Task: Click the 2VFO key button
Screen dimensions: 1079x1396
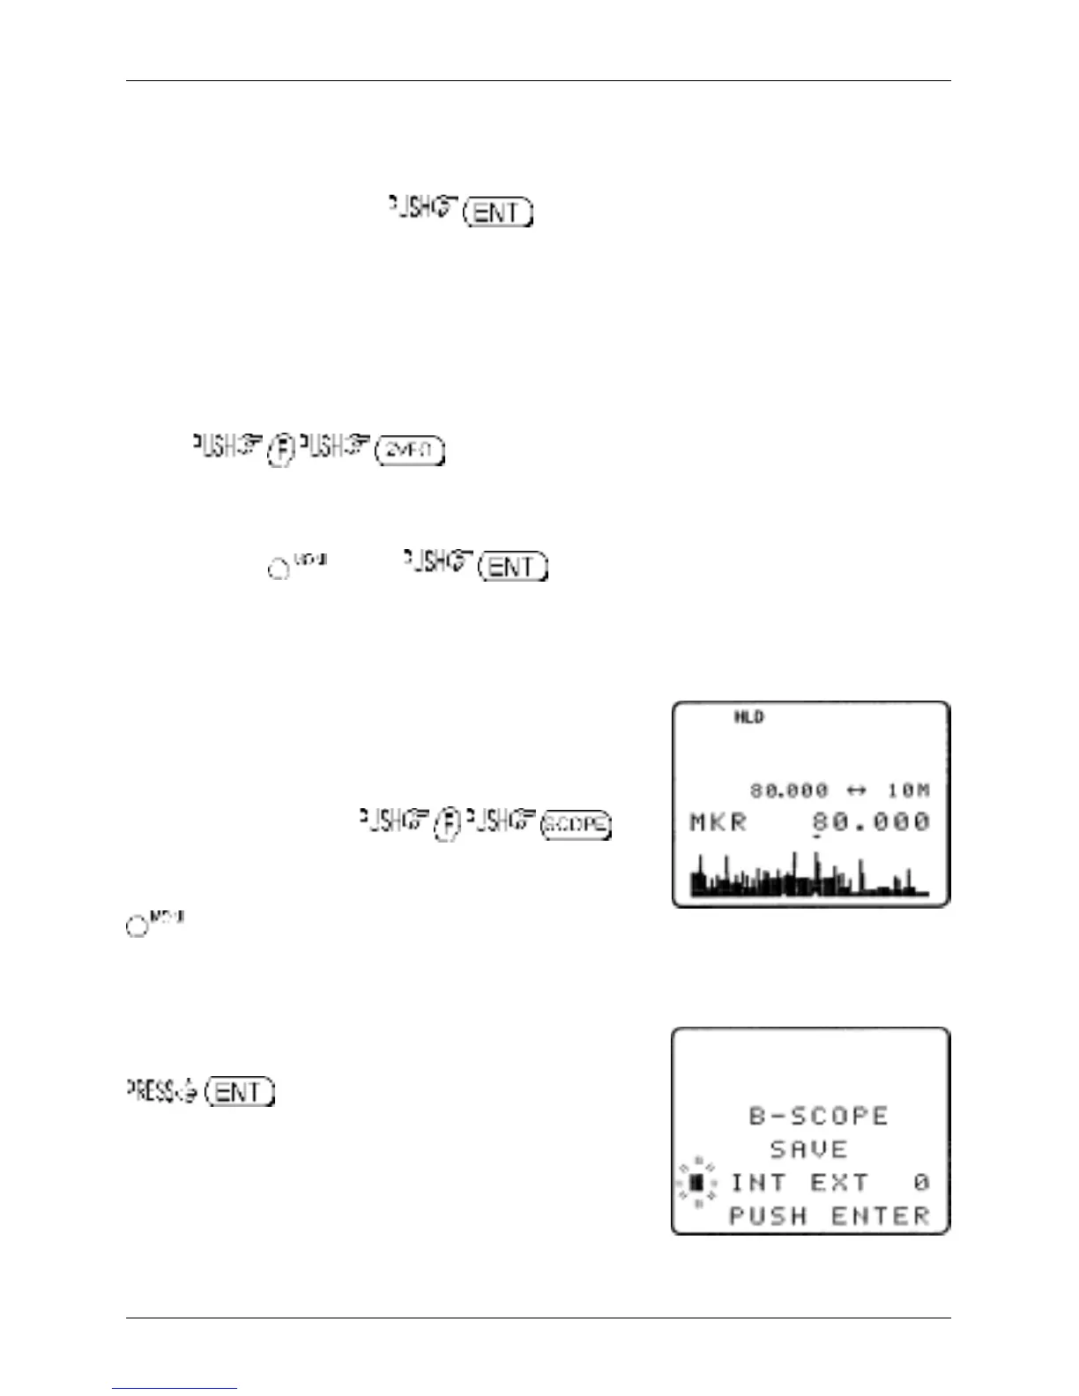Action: (410, 450)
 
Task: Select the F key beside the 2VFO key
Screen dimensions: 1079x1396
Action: (280, 449)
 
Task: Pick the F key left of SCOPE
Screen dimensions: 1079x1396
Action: (448, 824)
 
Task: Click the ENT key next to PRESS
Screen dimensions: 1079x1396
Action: (240, 1093)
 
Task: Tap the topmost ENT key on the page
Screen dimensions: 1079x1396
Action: (498, 212)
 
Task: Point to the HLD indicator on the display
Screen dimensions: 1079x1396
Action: (748, 717)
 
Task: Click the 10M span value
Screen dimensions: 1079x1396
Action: (909, 791)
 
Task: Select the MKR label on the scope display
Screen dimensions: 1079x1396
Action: (718, 823)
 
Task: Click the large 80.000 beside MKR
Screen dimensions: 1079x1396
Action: (871, 823)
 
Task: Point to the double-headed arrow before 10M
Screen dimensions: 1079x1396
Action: (856, 791)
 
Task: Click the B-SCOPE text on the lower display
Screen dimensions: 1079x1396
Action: (818, 1116)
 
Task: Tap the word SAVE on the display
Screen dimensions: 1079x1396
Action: (808, 1149)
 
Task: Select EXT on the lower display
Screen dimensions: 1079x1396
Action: (839, 1183)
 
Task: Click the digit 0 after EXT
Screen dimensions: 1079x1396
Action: (921, 1183)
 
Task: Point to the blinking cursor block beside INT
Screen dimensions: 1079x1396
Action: (696, 1182)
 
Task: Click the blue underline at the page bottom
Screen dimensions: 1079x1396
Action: (175, 1388)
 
